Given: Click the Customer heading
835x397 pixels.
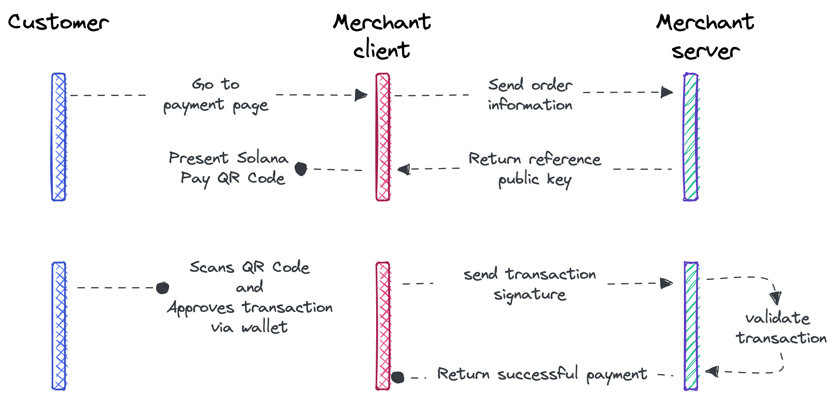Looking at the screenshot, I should (x=58, y=22).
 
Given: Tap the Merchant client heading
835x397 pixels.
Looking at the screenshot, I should (x=382, y=36).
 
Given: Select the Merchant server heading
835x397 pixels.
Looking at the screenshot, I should (x=705, y=36).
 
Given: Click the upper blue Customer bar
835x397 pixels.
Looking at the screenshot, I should (x=59, y=137).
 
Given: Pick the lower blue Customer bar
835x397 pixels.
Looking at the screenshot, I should (x=59, y=325).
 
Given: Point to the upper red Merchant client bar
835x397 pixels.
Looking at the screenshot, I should (x=383, y=137).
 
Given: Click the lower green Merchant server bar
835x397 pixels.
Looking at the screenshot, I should (x=691, y=325).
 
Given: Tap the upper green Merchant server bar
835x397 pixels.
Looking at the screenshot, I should (x=691, y=137).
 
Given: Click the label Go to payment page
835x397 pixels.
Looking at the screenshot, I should (x=216, y=95).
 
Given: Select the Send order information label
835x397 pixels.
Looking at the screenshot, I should (x=530, y=95).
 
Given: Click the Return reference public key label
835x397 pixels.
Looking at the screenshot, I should (x=534, y=169).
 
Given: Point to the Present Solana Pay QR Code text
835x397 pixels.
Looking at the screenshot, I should (x=228, y=168).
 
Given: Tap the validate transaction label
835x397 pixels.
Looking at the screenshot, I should (x=780, y=328).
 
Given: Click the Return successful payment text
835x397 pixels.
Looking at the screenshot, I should (x=542, y=374).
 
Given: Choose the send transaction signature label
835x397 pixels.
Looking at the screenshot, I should (x=530, y=284).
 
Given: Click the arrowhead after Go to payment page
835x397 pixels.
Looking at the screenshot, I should (x=361, y=95).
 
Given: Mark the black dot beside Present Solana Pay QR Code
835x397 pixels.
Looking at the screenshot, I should (x=301, y=169).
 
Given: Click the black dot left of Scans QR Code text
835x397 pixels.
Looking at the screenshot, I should (x=162, y=288).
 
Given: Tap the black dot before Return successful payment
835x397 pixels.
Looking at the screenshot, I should (x=397, y=377).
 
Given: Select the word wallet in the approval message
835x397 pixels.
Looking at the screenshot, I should (x=264, y=327).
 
